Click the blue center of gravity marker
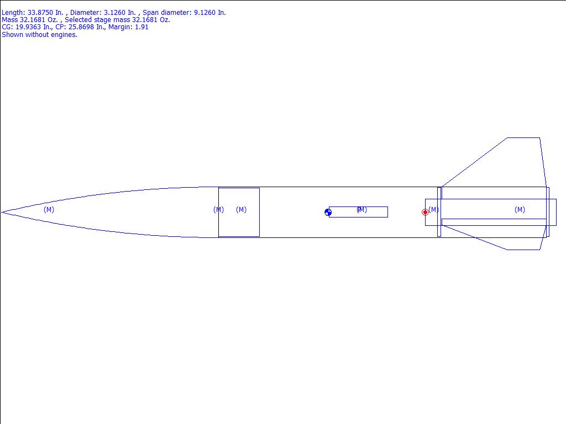click(328, 213)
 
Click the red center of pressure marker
click(425, 213)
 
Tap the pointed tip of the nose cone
click(2, 213)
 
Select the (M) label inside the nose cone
click(49, 209)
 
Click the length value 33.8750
click(40, 13)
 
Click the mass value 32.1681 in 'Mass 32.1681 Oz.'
click(33, 20)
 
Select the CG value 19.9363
click(28, 27)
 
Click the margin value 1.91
click(141, 27)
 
